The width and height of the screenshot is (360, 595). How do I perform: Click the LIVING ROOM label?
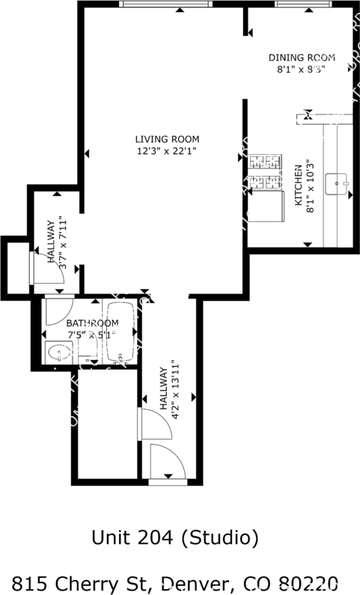pos(167,138)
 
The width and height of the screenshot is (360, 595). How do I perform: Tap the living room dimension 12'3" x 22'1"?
pos(167,150)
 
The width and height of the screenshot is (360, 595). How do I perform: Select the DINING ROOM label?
pos(302,58)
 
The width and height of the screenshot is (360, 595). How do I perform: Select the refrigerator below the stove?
pos(266,206)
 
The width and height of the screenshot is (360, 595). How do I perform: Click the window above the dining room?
pos(302,4)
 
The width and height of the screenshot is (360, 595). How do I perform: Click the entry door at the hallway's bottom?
pos(167,462)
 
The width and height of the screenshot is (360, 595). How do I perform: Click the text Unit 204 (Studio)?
pos(174,537)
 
